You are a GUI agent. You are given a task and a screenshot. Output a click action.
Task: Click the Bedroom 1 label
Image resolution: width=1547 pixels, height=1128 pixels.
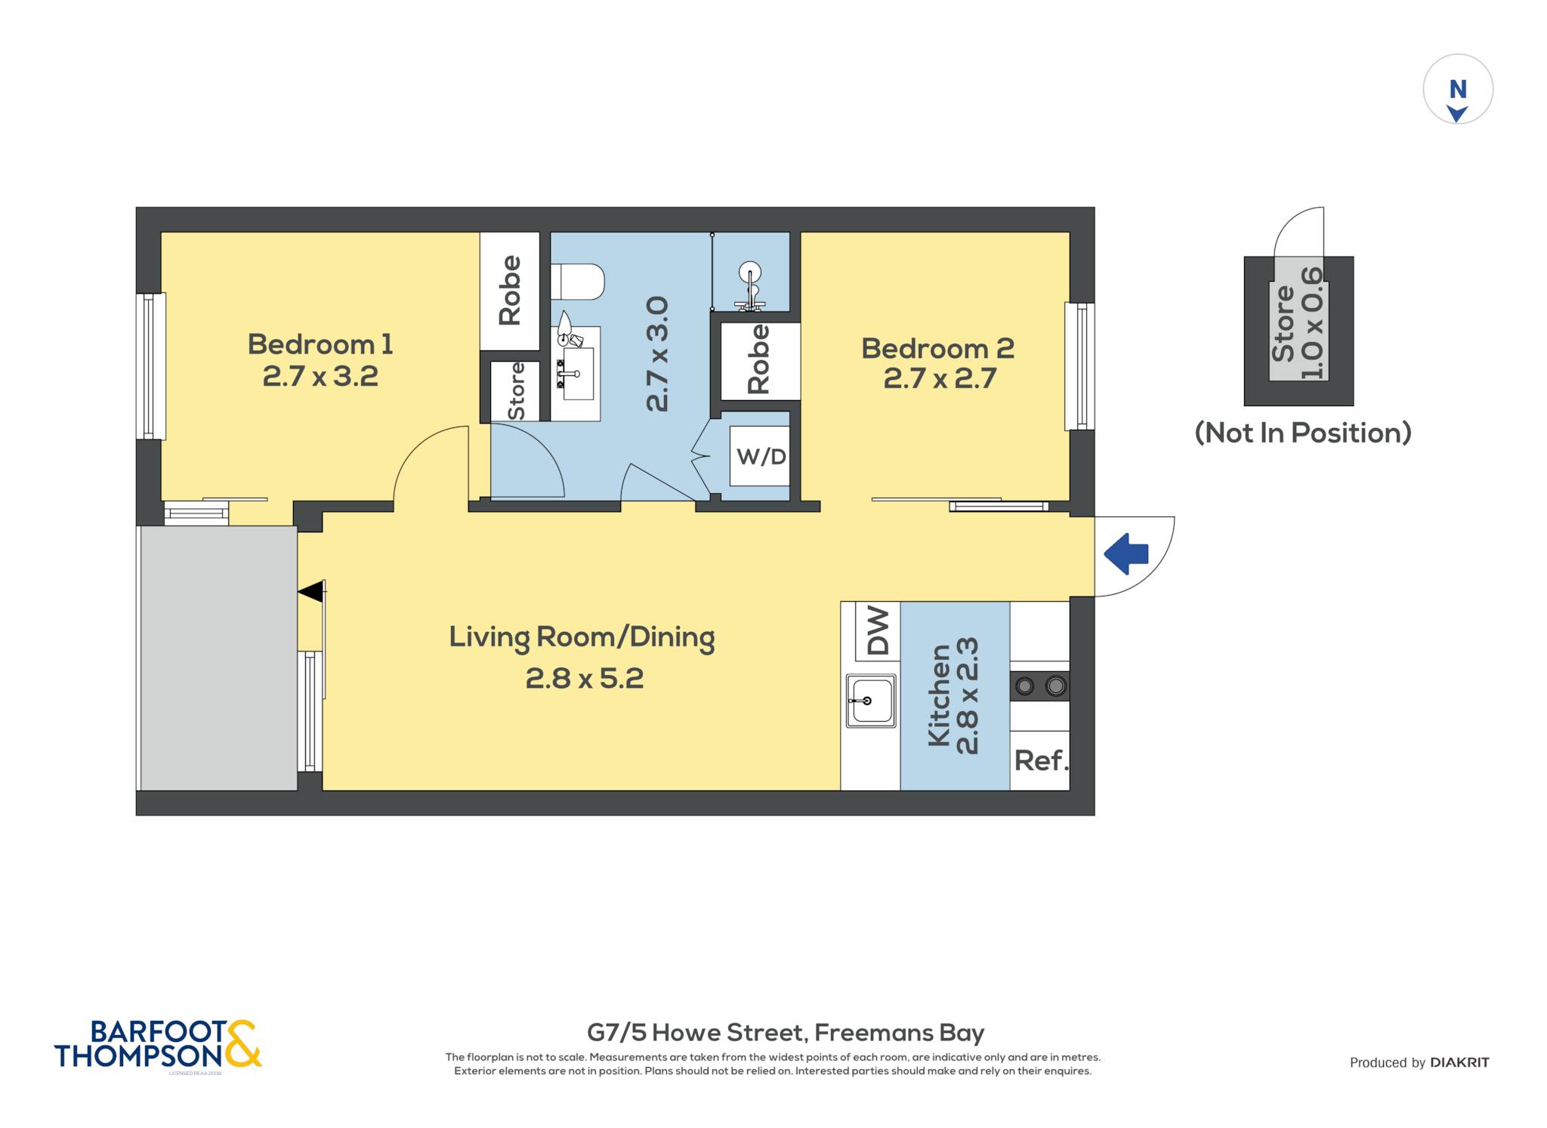click(x=320, y=344)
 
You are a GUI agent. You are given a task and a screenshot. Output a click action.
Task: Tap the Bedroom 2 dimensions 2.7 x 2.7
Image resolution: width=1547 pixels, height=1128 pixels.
click(x=940, y=378)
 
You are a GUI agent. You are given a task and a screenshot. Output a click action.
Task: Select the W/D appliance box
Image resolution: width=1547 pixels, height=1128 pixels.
click(x=760, y=456)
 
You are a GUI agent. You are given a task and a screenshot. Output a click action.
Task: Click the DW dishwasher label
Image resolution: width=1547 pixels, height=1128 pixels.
click(x=878, y=630)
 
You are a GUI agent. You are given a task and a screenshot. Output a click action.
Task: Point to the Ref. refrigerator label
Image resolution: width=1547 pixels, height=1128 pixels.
click(x=1041, y=760)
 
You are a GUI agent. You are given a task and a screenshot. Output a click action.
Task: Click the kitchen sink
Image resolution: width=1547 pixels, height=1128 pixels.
click(x=871, y=701)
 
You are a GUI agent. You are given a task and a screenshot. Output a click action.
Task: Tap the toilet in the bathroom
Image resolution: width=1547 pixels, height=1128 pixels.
click(x=578, y=282)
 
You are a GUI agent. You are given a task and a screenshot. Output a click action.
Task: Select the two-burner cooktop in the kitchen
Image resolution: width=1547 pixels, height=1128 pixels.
click(x=1039, y=686)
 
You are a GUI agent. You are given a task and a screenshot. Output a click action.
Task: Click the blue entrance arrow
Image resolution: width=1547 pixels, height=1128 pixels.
click(x=1126, y=553)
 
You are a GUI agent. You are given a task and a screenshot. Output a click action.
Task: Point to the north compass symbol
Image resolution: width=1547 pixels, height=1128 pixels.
click(x=1458, y=89)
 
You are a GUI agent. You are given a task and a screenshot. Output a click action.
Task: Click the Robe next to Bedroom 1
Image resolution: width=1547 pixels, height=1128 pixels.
click(x=510, y=290)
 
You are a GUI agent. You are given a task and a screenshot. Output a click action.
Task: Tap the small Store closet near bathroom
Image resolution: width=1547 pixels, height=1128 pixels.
click(x=515, y=391)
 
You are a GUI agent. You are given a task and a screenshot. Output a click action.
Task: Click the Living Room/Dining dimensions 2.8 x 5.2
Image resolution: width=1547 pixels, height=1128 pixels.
click(x=585, y=679)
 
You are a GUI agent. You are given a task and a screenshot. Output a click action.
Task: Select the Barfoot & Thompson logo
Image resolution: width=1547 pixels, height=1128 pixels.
click(x=158, y=1044)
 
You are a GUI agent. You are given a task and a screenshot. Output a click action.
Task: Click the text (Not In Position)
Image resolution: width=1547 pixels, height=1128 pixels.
click(x=1303, y=433)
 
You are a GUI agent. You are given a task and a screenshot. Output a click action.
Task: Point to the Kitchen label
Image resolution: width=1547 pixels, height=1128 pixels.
click(x=938, y=695)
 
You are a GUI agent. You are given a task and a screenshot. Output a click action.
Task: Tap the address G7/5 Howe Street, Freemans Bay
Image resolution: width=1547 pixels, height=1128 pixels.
click(x=786, y=1032)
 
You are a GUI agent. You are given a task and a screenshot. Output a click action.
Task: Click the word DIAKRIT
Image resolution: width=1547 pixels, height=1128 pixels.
click(x=1459, y=1062)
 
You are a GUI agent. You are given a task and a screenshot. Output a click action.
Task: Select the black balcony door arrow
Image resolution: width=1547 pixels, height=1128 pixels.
click(x=311, y=592)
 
